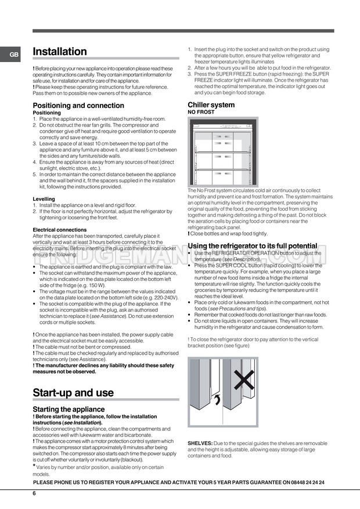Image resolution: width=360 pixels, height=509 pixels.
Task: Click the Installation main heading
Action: point(60,52)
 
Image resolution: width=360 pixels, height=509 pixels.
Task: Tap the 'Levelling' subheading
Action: point(44,198)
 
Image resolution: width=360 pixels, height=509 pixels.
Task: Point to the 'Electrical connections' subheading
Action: point(60,230)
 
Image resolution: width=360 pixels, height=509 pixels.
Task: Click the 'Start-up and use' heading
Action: point(73,393)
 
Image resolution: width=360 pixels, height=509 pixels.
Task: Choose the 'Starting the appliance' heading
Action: point(69,409)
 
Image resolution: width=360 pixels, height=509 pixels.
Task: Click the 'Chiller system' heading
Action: point(211,104)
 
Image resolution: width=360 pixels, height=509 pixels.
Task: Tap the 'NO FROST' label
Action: point(201,112)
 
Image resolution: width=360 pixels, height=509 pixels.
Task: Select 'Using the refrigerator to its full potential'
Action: point(253,246)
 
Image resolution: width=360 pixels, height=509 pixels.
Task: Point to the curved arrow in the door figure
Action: point(217,399)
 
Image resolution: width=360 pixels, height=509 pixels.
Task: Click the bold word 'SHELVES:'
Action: point(200,443)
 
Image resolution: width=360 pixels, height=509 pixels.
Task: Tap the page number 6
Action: point(34,493)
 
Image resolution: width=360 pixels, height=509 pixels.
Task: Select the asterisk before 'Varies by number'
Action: point(34,466)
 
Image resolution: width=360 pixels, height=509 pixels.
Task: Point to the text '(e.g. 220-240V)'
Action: point(158,297)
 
